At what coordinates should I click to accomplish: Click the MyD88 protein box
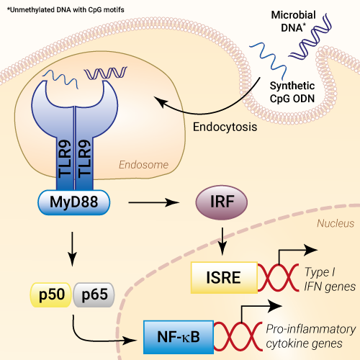[x=74, y=202]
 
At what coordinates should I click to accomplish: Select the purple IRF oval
[x=222, y=202]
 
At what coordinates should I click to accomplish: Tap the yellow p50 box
[x=50, y=295]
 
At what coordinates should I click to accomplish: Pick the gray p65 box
[x=94, y=295]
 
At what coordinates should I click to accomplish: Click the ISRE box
[x=224, y=277]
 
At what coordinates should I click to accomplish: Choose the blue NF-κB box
[x=179, y=337]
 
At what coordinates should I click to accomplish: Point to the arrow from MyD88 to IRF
[x=154, y=202]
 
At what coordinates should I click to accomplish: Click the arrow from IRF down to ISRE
[x=222, y=241]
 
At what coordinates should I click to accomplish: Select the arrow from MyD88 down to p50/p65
[x=72, y=249]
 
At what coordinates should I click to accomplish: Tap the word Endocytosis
[x=225, y=127]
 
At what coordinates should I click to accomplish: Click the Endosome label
[x=143, y=165]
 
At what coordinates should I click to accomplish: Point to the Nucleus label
[x=336, y=223]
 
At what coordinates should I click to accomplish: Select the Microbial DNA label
[x=293, y=22]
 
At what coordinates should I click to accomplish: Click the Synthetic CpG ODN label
[x=292, y=92]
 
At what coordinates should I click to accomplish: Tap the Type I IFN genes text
[x=330, y=279]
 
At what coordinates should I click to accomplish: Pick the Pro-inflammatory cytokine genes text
[x=311, y=336]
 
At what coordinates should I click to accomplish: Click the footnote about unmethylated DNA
[x=66, y=10]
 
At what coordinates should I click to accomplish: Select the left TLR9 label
[x=65, y=159]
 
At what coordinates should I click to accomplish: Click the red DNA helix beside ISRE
[x=279, y=277]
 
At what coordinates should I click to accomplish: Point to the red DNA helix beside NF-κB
[x=238, y=336]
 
